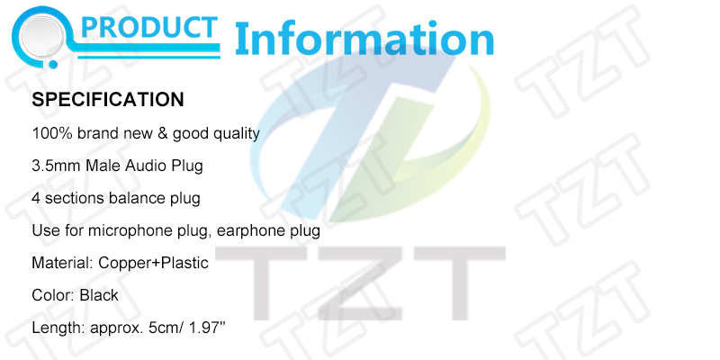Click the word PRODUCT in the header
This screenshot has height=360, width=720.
click(148, 28)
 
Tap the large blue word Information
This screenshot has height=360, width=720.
click(364, 39)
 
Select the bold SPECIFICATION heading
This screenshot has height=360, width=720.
click(108, 100)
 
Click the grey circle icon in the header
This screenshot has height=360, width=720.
click(42, 35)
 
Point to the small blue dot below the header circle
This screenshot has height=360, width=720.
click(53, 64)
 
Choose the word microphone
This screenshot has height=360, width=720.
click(130, 231)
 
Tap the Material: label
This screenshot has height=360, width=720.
click(62, 263)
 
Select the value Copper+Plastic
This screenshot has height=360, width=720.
click(153, 264)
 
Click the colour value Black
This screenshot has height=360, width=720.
click(99, 295)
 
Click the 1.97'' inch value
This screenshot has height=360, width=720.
click(208, 328)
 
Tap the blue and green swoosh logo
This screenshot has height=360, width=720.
click(372, 138)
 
